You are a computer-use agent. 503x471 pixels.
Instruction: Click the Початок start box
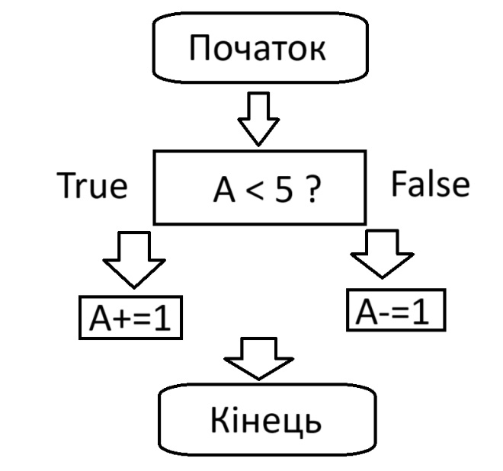click(259, 49)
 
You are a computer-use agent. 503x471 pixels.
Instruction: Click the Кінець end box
click(266, 420)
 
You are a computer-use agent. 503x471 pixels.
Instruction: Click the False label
click(431, 185)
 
